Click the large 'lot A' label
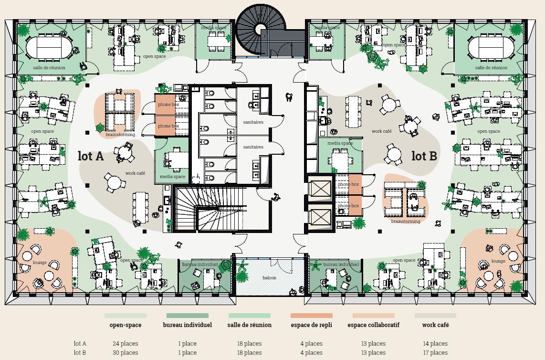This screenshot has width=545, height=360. [x=91, y=157]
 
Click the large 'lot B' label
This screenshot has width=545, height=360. [x=424, y=156]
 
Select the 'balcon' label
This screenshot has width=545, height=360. [x=269, y=277]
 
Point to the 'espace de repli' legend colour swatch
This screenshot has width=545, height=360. [x=311, y=316]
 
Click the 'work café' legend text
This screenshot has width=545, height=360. [x=435, y=325]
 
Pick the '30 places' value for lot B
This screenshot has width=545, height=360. [x=126, y=353]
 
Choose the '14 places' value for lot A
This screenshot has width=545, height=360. [x=435, y=343]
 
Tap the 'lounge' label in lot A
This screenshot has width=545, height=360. [x=40, y=263]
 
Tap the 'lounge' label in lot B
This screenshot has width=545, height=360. [x=498, y=261]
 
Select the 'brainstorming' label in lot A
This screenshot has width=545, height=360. [x=120, y=135]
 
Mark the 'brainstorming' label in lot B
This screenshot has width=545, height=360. [x=406, y=222]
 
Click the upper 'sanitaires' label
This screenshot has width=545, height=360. [x=253, y=122]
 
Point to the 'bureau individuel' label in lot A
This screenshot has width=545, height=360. [x=200, y=264]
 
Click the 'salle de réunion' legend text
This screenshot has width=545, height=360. [x=250, y=325]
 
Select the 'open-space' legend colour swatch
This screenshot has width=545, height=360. [x=126, y=316]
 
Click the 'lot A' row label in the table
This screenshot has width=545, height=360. [x=80, y=343]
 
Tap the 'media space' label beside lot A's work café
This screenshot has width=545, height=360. [x=173, y=177]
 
